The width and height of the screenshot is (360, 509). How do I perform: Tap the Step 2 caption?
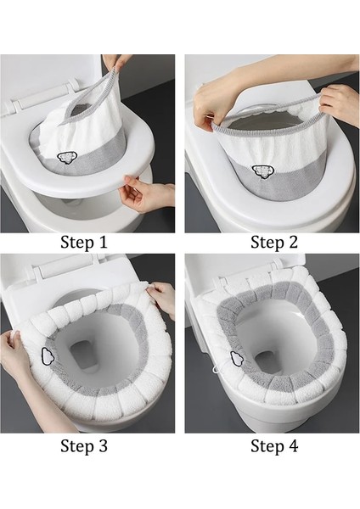click(x=274, y=243)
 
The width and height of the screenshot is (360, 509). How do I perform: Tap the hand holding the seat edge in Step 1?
click(x=146, y=193)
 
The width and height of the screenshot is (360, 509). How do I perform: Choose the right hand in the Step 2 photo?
click(x=339, y=102)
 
